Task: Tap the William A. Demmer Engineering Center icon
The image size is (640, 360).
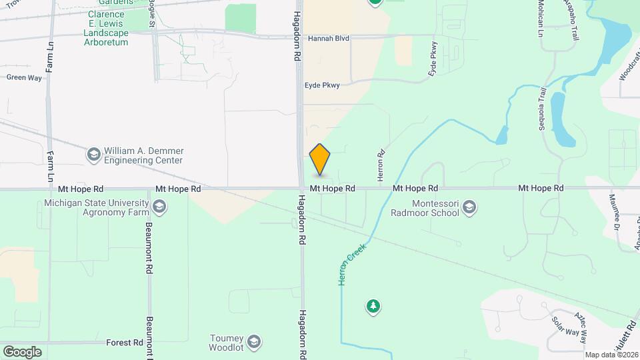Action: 93,155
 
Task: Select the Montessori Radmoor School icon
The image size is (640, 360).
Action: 469,208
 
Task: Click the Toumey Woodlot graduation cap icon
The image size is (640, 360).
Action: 253,343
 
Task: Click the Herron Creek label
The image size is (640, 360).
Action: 353,265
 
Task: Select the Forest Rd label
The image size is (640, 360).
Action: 125,343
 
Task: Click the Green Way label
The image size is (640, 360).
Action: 24,77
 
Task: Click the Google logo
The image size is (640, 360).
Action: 22,351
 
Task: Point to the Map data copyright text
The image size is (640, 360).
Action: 611,355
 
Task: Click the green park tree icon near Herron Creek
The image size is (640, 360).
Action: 373,307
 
